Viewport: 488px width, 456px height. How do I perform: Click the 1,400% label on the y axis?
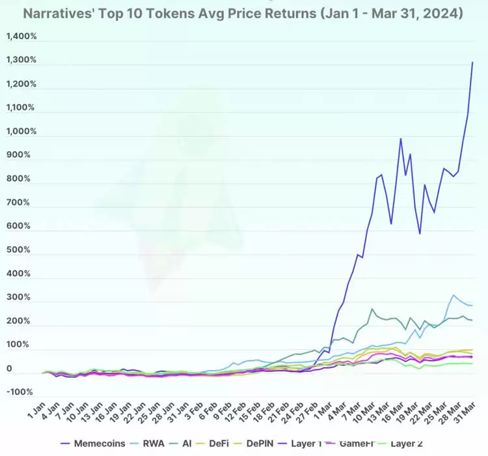pos(21,36)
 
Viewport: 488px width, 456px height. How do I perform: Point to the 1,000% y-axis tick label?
pos(21,132)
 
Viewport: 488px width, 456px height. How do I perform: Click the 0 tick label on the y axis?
pos(8,369)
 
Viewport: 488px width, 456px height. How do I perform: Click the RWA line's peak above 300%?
pos(454,296)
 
